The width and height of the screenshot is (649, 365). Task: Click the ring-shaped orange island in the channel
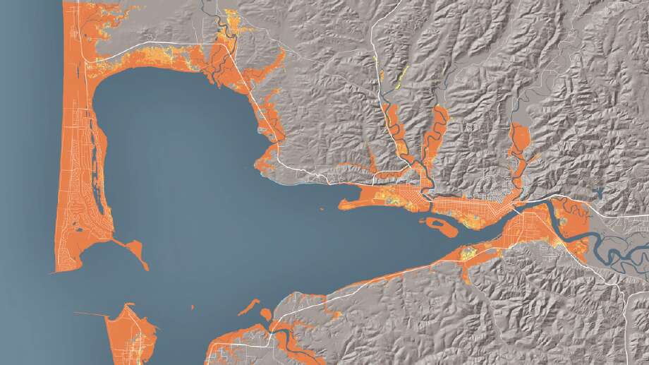[439, 225]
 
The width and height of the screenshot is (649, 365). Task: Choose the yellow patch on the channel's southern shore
[468, 253]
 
